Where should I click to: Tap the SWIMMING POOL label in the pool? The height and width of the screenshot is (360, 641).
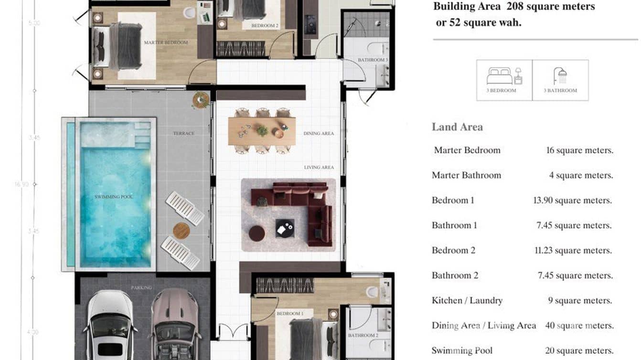[114, 197]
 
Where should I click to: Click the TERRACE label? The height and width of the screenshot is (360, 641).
[183, 133]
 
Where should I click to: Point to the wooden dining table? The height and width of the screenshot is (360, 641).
[261, 131]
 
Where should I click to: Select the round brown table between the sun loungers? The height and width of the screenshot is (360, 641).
[181, 231]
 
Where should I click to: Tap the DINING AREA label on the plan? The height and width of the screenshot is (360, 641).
[319, 134]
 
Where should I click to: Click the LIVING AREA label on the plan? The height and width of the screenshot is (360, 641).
[319, 168]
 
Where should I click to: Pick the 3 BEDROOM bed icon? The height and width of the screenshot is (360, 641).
[504, 76]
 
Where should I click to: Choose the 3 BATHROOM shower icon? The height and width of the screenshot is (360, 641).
[560, 76]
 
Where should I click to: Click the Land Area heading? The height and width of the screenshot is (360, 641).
[457, 127]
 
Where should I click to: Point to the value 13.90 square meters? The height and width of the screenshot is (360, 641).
[572, 201]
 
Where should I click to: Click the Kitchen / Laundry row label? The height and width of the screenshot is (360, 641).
[467, 301]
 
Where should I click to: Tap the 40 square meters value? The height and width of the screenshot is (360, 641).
[579, 326]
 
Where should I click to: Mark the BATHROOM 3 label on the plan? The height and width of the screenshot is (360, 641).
[373, 60]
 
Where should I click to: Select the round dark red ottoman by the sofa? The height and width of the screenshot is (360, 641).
[256, 233]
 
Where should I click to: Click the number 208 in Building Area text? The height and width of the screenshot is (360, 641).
[515, 7]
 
